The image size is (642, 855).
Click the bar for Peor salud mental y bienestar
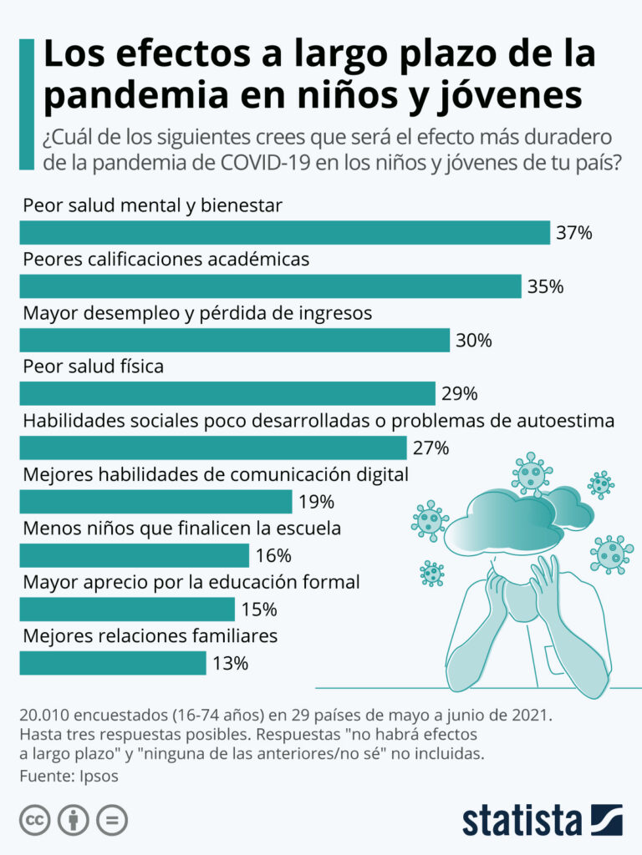tap(284, 232)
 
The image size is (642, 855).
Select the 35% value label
tap(545, 287)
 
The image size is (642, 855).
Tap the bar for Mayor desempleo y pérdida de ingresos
tap(234, 340)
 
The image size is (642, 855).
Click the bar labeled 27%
tap(212, 448)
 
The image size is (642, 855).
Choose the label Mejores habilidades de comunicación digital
tap(215, 475)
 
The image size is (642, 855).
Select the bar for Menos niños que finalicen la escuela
tap(134, 555)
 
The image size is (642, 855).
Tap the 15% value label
tap(258, 610)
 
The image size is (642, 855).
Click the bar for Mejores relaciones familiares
tap(112, 663)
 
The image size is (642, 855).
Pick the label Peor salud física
tap(93, 367)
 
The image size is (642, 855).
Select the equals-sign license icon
tap(111, 820)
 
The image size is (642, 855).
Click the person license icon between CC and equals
tap(74, 820)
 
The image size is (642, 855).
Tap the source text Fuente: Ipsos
tap(69, 776)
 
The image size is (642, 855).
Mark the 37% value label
tap(574, 233)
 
